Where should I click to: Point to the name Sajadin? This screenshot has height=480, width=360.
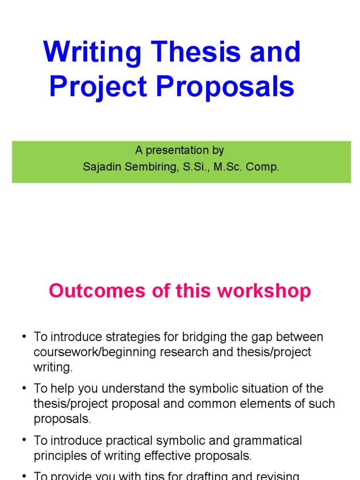click(x=100, y=167)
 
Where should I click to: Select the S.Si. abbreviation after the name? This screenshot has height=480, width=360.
click(x=194, y=167)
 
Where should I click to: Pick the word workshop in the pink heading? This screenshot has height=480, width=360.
click(x=268, y=291)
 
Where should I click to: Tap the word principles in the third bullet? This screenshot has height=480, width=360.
click(x=60, y=456)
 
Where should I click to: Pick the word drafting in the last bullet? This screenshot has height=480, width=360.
click(x=207, y=475)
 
